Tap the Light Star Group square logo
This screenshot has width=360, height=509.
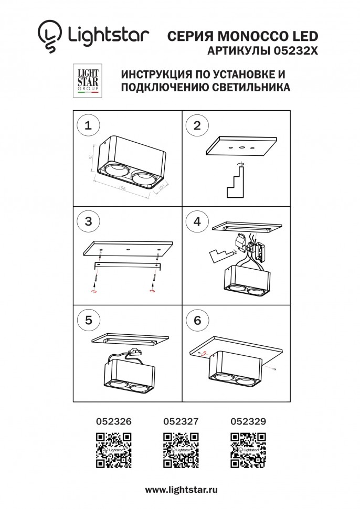coord(84,81)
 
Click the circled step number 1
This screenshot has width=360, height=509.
coord(88,125)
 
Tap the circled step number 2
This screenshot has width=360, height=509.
coord(197,125)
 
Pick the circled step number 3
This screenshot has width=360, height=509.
coord(88,221)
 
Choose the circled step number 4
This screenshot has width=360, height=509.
coord(197,221)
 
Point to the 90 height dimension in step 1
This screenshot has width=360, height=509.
coord(91,157)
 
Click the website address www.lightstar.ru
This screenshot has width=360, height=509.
coord(181,490)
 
